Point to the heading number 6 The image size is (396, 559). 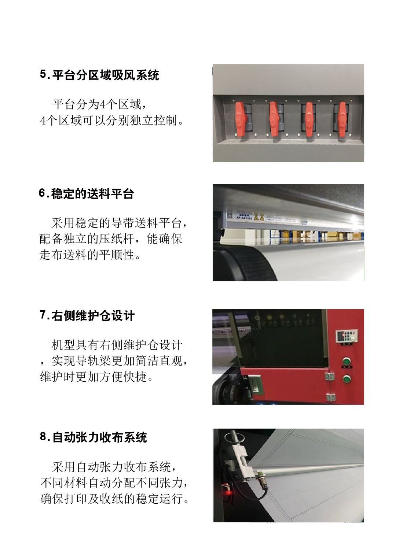43,193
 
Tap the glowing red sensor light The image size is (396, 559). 228,493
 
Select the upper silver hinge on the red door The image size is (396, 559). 329,377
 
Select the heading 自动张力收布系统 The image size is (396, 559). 100,437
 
